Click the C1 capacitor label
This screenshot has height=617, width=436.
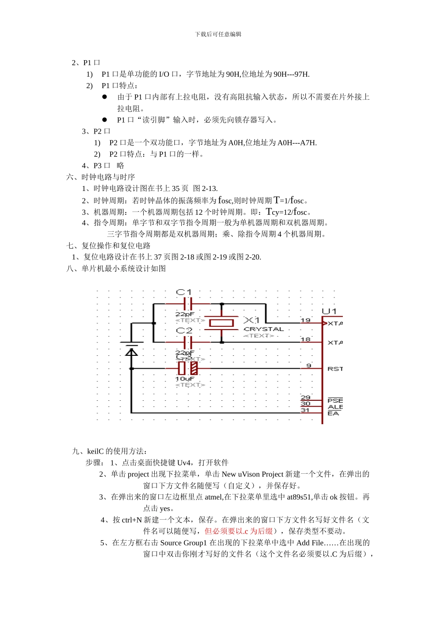(x=184, y=292)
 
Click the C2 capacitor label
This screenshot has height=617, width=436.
(x=184, y=331)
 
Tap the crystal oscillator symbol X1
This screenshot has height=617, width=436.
(x=222, y=323)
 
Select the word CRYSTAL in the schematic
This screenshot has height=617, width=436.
(x=263, y=329)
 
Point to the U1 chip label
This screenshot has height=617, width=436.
(x=329, y=311)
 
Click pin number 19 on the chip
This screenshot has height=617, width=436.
(x=306, y=320)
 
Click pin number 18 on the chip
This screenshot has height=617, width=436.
(x=306, y=339)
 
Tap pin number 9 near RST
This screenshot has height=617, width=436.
(x=309, y=365)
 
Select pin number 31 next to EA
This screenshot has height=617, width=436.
(x=305, y=410)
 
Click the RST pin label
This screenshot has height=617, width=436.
(x=335, y=369)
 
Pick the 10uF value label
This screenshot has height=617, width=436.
(x=184, y=379)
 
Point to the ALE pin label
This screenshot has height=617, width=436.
(x=335, y=407)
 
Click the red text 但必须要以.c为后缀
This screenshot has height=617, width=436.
(x=238, y=531)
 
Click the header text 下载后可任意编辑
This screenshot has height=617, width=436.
(x=218, y=34)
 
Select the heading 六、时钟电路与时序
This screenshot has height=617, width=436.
(x=101, y=177)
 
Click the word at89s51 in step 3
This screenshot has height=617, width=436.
(x=300, y=497)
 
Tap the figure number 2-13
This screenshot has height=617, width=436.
(x=209, y=189)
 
